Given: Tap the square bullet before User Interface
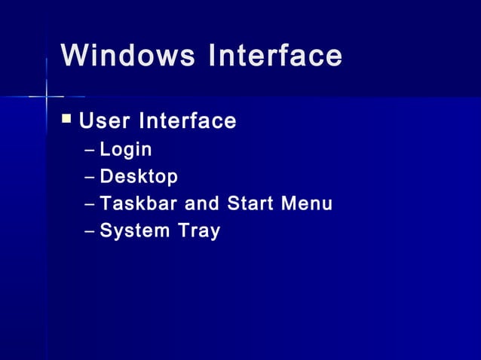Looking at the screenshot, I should pyautogui.click(x=67, y=118).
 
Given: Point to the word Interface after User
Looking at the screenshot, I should pyautogui.click(x=186, y=121).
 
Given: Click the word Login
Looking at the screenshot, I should pyautogui.click(x=126, y=150).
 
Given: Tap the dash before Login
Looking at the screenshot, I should pyautogui.click(x=90, y=151).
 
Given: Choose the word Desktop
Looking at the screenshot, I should pyautogui.click(x=139, y=177).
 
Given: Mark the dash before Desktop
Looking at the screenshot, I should pyautogui.click(x=90, y=178).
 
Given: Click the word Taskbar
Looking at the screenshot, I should pyautogui.click(x=136, y=203).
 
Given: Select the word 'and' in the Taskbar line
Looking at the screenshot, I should pyautogui.click(x=199, y=203).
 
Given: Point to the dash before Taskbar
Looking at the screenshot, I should pyautogui.click(x=90, y=204).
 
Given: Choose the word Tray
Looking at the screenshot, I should pyautogui.click(x=199, y=230).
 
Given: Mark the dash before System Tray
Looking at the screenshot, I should pyautogui.click(x=90, y=231).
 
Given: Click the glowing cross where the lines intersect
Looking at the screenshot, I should pyautogui.click(x=47, y=96).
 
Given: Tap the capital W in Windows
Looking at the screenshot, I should pyautogui.click(x=73, y=56).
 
